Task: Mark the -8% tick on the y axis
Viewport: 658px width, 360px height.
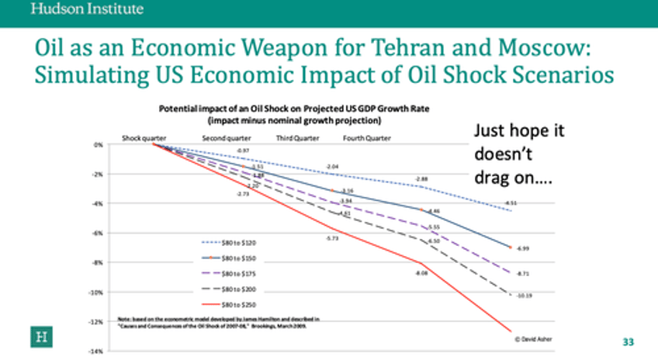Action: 98,262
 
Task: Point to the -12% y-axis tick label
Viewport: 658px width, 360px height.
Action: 97,321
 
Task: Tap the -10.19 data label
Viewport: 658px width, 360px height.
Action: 524,295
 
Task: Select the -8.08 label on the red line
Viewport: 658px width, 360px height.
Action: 421,273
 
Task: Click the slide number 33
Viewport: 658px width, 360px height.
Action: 629,342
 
